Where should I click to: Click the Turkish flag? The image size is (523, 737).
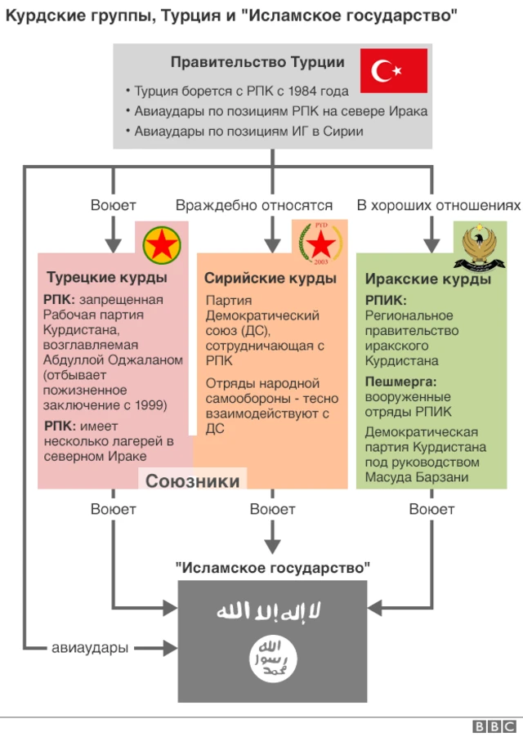(x=394, y=70)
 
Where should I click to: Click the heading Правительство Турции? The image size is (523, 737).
(x=257, y=62)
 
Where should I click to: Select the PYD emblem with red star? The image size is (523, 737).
(x=320, y=243)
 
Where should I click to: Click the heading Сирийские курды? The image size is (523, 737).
(x=270, y=279)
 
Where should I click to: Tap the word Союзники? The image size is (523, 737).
(x=192, y=480)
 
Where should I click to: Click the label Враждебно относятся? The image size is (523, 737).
(x=253, y=206)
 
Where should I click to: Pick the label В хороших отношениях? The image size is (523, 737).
(x=438, y=206)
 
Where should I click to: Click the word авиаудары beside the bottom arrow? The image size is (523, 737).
(x=90, y=649)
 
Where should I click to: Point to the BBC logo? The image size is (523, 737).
(x=494, y=726)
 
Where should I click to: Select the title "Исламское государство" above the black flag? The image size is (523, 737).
(x=272, y=567)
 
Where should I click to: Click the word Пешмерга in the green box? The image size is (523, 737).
(x=400, y=382)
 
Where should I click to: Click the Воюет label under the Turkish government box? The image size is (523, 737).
(x=113, y=206)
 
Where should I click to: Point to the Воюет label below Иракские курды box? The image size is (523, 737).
(x=431, y=510)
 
